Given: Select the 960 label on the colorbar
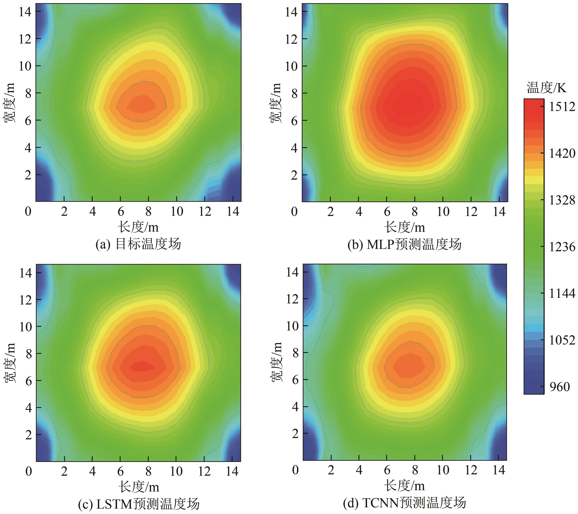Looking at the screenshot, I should tap(559, 387).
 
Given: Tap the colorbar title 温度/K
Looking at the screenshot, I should tap(546, 88).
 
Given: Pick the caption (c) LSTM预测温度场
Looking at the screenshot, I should tap(139, 504).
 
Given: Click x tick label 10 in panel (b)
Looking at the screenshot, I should tap(443, 211).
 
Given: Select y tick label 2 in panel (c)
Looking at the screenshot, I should tap(28, 435).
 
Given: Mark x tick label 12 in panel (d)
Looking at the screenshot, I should tap(471, 470).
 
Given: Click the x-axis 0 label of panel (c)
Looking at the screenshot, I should tap(29, 471).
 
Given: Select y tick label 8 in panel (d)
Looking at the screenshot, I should tap(295, 353).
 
